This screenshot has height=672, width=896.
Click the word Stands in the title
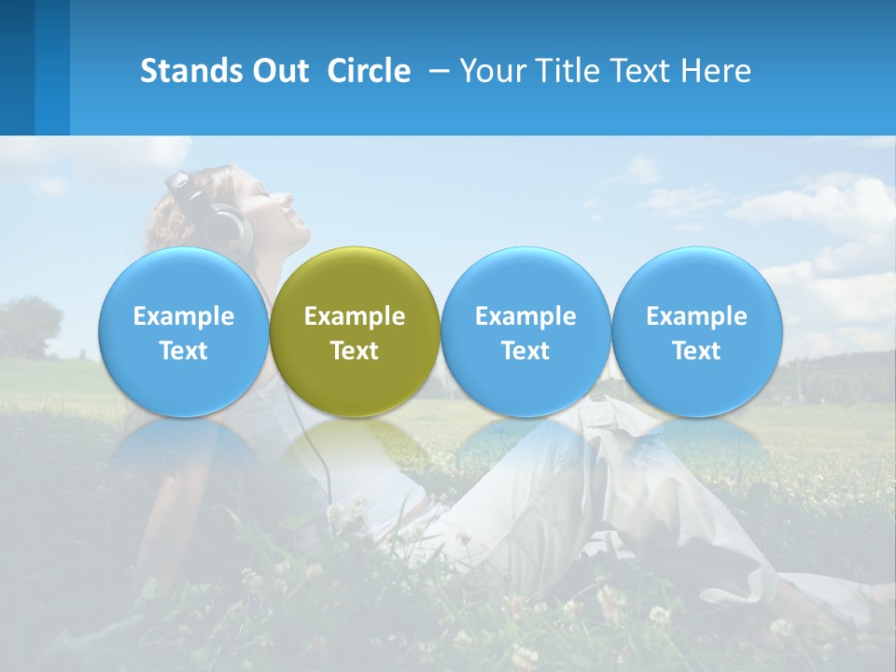pos(191,71)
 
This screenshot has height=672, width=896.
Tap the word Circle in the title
pos(369,71)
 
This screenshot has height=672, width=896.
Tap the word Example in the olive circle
pos(355,316)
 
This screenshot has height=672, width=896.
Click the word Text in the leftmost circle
pos(183,351)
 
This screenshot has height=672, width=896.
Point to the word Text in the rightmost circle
pos(696,351)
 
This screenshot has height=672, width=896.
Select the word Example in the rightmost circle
pos(696,316)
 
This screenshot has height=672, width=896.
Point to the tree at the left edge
pos(28,327)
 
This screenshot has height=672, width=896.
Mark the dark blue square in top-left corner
pos(17,67)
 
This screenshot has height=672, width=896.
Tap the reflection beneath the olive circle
pos(355,448)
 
